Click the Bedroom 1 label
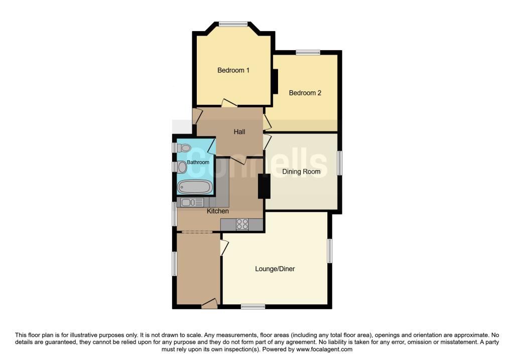click(233, 70)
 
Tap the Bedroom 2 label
click(305, 93)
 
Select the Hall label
click(239, 132)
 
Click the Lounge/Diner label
click(275, 269)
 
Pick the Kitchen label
click(218, 211)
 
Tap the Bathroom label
click(198, 163)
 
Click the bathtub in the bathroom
click(194, 187)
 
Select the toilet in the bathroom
click(184, 148)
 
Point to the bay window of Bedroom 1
click(233, 23)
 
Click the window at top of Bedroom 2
click(308, 52)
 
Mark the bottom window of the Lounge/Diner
click(252, 306)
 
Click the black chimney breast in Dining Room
click(264, 186)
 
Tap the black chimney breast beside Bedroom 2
click(275, 81)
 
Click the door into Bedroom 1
click(229, 103)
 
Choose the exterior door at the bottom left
click(209, 303)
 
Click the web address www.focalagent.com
click(324, 349)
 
